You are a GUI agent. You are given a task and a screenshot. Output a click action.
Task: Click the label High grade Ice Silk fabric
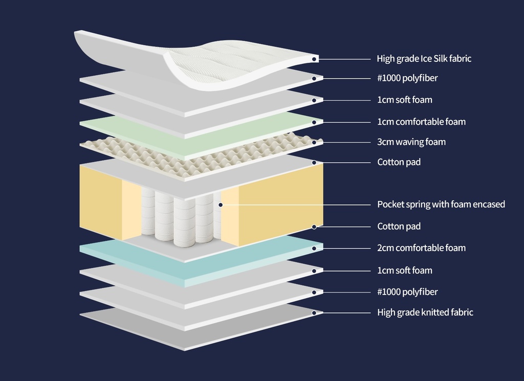(424, 58)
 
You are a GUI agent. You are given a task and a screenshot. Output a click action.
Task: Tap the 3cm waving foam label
(411, 142)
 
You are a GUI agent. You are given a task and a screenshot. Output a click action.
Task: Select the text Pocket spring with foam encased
(441, 204)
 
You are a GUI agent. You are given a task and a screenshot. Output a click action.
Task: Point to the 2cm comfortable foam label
(421, 248)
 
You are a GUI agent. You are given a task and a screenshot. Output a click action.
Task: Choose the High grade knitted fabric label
(425, 312)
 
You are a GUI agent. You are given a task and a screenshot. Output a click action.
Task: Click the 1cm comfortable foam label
(421, 122)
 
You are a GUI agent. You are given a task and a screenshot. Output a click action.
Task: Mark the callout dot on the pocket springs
(221, 205)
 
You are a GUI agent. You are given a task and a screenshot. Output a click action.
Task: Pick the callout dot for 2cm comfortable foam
(314, 248)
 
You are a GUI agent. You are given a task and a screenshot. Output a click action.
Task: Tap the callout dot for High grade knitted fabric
(314, 312)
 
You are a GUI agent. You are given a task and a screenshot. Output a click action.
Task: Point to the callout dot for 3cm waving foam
(314, 142)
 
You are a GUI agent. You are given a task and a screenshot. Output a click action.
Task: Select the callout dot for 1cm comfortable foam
(314, 122)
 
